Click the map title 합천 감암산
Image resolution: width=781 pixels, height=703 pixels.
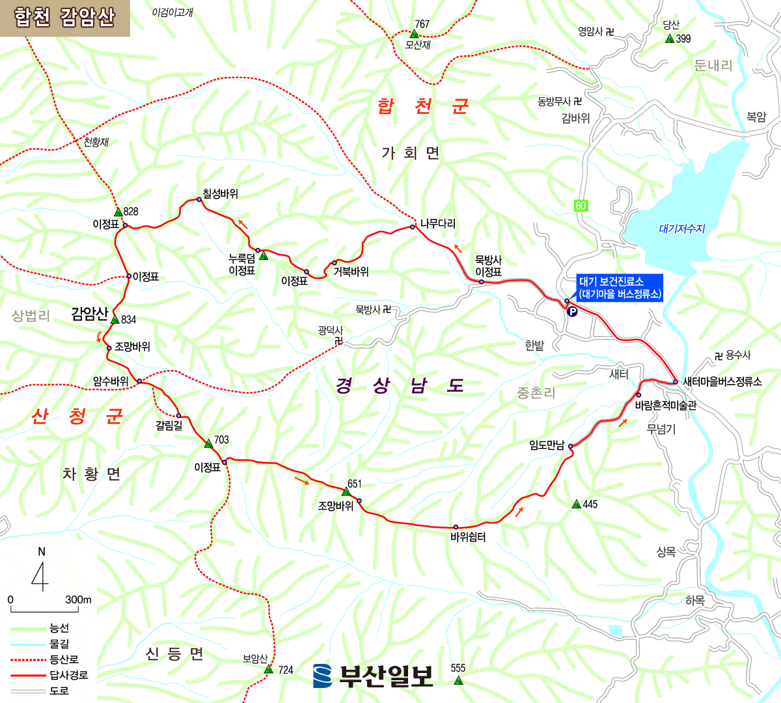(x=64, y=18)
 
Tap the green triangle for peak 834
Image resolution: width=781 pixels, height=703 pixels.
(x=115, y=319)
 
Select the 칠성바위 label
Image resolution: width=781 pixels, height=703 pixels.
(x=220, y=194)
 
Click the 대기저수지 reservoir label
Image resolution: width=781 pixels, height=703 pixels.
(x=681, y=229)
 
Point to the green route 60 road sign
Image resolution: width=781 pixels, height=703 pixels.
(x=581, y=206)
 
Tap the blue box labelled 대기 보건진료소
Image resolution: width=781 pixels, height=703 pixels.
(x=619, y=287)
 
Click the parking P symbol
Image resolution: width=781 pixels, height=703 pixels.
(x=573, y=312)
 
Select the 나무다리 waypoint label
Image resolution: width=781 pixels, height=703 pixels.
(x=437, y=223)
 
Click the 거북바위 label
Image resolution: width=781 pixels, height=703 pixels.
(x=351, y=271)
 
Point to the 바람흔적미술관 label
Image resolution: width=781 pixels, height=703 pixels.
(x=665, y=405)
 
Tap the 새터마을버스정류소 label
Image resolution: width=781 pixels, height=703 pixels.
(x=722, y=381)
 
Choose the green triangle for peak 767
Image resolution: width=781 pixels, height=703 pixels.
(x=413, y=33)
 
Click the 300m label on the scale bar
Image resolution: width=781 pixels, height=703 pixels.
(x=78, y=599)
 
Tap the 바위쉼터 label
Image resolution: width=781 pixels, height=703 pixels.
(x=468, y=537)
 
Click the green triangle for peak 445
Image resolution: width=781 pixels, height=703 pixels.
(x=576, y=504)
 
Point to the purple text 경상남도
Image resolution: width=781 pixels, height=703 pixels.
(x=400, y=386)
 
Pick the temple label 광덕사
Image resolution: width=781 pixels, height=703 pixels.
(x=330, y=330)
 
